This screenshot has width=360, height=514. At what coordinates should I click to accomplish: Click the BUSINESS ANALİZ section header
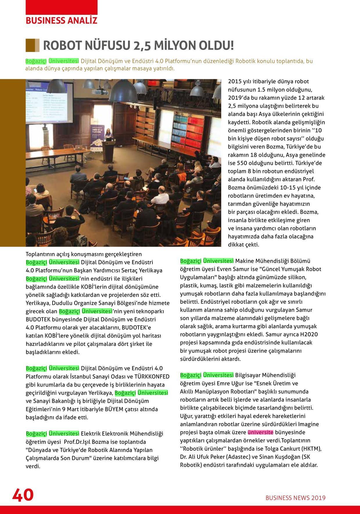(62, 21)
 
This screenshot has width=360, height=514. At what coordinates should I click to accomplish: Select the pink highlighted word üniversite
(260, 432)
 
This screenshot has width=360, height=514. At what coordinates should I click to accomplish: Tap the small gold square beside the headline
(33, 45)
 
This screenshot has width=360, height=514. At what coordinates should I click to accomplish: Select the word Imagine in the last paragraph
(308, 424)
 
